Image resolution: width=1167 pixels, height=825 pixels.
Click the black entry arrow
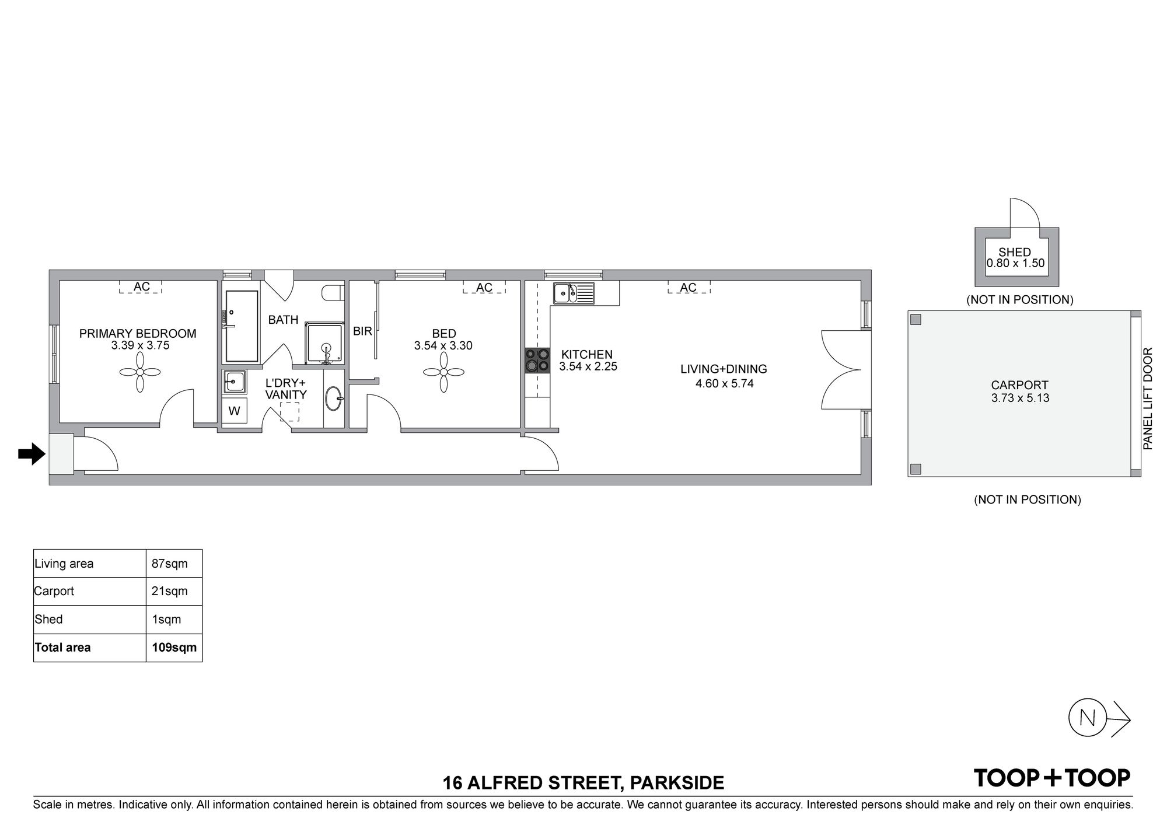tap(32, 454)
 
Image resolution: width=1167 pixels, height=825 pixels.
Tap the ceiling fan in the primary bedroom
tap(140, 372)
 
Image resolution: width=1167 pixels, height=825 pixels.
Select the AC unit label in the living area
tap(689, 287)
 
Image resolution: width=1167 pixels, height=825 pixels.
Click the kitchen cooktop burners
tap(537, 360)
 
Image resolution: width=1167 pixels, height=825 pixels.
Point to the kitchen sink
tap(574, 293)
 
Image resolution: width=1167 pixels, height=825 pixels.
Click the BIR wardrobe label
tap(362, 331)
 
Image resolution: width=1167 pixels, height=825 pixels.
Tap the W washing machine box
tap(235, 411)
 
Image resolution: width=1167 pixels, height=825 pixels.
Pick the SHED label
tap(1015, 252)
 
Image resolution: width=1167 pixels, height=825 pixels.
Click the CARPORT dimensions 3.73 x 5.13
tap(1020, 398)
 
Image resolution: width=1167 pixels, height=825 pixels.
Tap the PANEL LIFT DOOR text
tap(1148, 398)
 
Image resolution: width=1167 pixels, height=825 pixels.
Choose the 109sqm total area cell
tap(174, 648)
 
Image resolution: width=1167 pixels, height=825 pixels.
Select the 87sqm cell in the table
tap(170, 564)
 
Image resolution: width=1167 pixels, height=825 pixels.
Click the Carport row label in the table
tap(54, 591)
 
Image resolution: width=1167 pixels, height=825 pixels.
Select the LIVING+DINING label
tap(724, 369)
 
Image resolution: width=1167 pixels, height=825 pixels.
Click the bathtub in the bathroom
tap(242, 326)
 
